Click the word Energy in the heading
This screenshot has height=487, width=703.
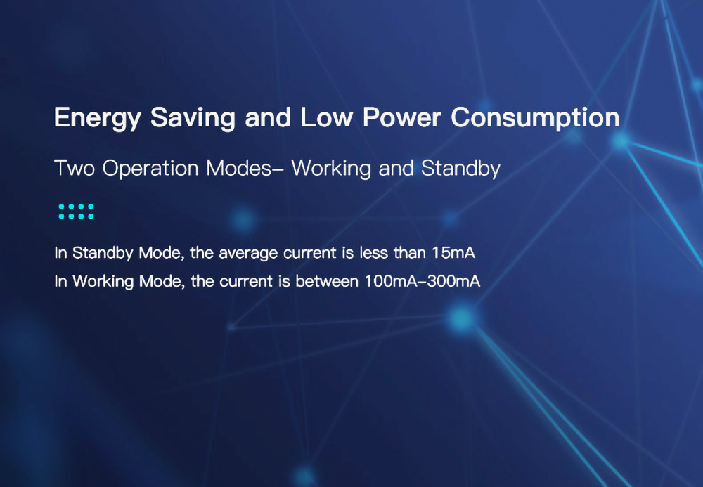tap(97, 118)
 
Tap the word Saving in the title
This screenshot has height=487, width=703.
tap(193, 118)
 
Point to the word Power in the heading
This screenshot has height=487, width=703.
tap(401, 117)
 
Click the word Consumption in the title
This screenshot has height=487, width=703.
tap(535, 118)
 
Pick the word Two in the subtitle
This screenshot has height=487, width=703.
tap(75, 169)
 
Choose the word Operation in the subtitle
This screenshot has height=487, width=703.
tap(150, 169)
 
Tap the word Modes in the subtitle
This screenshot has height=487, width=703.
tap(239, 169)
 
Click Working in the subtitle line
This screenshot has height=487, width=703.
tap(331, 169)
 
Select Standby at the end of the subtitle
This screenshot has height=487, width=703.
tap(460, 169)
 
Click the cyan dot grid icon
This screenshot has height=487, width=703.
tap(76, 212)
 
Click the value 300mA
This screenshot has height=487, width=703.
tap(453, 281)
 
